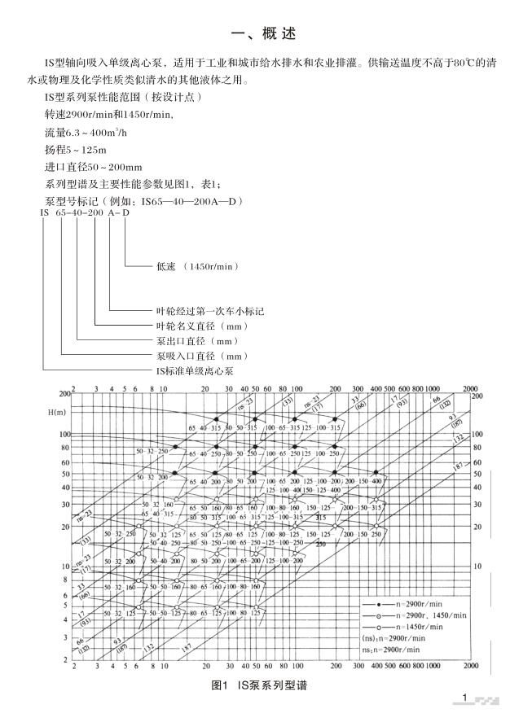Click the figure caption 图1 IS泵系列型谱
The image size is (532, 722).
(259, 686)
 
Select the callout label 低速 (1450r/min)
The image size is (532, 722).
(196, 266)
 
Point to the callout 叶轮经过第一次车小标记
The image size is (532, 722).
(209, 311)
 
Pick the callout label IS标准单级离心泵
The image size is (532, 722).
(195, 370)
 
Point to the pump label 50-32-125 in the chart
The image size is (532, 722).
(121, 613)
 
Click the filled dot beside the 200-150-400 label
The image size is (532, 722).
(376, 473)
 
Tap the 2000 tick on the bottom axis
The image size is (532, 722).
(470, 665)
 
